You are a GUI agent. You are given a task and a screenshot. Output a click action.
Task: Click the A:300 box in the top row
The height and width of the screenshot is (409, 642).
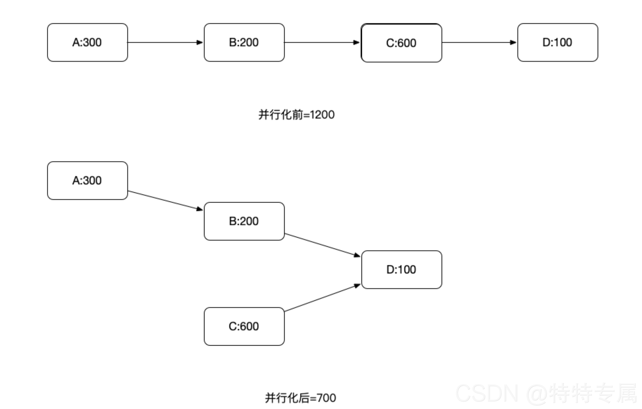click(x=87, y=43)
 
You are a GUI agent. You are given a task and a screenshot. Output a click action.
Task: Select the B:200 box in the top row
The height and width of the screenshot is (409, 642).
click(x=244, y=43)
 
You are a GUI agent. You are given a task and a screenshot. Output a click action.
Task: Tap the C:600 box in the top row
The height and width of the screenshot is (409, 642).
click(x=401, y=43)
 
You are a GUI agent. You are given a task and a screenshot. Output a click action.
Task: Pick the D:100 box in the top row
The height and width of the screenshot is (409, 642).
click(x=558, y=43)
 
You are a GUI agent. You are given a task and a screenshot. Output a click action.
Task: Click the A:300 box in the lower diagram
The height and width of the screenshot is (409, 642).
click(x=87, y=181)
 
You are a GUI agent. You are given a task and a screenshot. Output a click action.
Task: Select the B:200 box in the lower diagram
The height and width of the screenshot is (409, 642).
click(x=244, y=221)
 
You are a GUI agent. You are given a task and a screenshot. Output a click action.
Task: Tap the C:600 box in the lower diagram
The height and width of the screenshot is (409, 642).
click(x=244, y=326)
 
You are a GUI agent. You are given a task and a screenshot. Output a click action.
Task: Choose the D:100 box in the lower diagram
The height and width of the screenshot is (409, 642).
click(x=401, y=270)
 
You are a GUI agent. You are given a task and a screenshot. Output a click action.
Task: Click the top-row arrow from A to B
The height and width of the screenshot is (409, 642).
click(x=165, y=43)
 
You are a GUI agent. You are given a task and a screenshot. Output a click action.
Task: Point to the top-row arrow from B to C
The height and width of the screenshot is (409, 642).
click(x=322, y=43)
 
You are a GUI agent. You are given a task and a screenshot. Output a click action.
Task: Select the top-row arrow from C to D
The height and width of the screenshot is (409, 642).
click(x=479, y=43)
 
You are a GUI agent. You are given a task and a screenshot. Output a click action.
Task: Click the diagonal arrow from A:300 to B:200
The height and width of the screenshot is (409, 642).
click(x=165, y=200)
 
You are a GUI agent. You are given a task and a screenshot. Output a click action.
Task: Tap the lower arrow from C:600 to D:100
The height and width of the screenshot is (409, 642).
click(x=322, y=298)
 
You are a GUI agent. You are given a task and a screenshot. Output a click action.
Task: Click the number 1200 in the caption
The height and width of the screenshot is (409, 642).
click(x=322, y=115)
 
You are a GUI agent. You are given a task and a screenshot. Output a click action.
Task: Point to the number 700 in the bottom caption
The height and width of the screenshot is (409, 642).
click(x=326, y=398)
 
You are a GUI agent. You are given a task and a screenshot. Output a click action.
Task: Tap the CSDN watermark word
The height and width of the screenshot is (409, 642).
click(x=487, y=393)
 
